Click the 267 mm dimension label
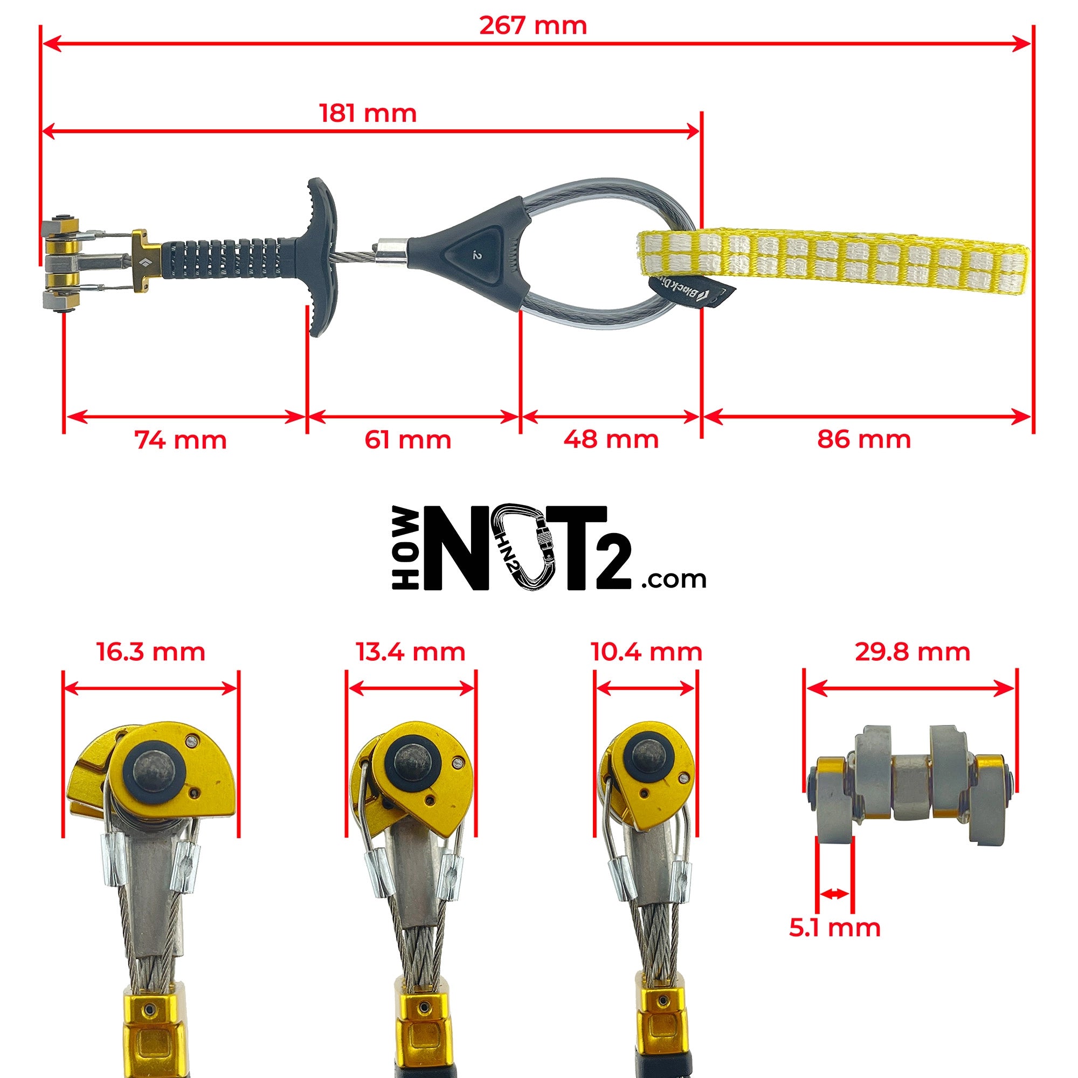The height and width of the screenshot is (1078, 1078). coord(533,26)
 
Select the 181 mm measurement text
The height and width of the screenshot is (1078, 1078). coord(368,113)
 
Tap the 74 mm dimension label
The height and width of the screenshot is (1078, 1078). coord(181,440)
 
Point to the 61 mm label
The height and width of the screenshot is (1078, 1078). coord(408,440)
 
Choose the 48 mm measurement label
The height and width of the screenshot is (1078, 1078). coord(611,439)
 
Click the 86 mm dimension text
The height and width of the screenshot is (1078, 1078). coord(863,439)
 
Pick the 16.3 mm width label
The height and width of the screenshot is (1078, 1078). coord(151,652)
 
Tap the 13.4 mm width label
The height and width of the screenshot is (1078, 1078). coord(411,652)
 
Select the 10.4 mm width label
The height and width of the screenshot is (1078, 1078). coord(646,652)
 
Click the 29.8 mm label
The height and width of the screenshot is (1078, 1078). coord(913,652)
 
